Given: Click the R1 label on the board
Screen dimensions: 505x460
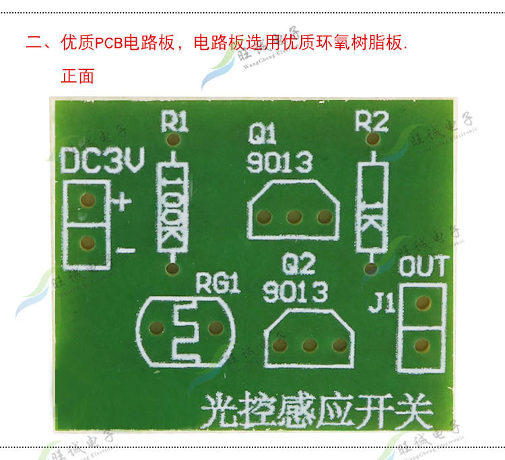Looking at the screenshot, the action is point(174,122).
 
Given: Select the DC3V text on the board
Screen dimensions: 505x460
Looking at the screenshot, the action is point(102,161).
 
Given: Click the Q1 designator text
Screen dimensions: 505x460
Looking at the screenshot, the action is point(262,136).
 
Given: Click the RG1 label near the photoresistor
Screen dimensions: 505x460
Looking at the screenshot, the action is point(217,284).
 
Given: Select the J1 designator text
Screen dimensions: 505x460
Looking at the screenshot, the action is point(381,306).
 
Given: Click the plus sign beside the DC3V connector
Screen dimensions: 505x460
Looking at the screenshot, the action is point(121,201).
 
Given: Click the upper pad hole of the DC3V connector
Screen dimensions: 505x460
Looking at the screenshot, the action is point(86,200).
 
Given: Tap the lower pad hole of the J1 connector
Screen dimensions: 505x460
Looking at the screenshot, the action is point(422,346).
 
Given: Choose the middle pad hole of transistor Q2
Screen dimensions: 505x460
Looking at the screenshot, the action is point(310,346).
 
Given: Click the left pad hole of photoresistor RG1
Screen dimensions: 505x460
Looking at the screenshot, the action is point(157,328).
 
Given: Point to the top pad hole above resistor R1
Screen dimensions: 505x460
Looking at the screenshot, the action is point(173,141).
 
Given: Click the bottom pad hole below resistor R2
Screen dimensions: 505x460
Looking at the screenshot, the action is point(370,269).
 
